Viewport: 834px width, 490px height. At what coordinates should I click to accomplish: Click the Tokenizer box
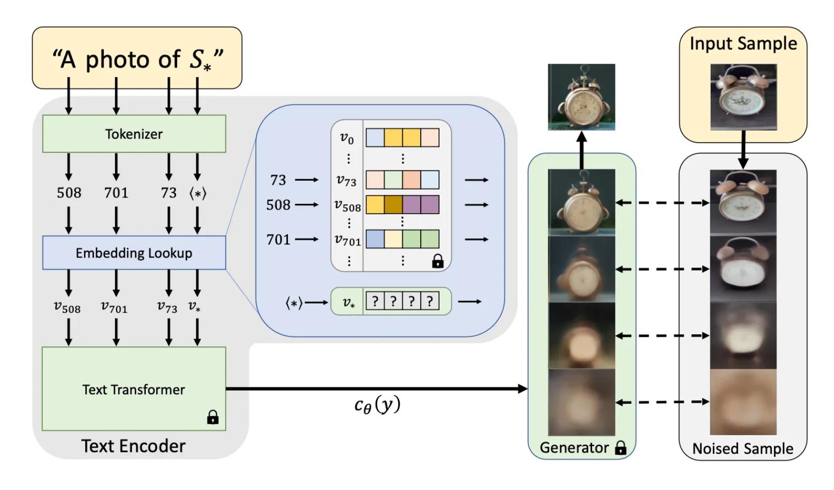click(134, 134)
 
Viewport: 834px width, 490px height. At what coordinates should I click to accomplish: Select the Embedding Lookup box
click(134, 253)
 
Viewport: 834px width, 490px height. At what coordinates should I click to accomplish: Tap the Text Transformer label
click(134, 390)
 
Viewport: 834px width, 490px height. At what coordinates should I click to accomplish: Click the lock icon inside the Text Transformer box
click(213, 417)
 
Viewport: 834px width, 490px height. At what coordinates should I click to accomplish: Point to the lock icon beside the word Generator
click(620, 448)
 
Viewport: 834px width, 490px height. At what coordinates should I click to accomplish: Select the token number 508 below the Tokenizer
click(69, 193)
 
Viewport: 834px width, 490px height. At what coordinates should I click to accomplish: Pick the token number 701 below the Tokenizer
click(116, 193)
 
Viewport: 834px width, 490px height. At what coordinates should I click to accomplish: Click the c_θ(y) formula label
click(377, 405)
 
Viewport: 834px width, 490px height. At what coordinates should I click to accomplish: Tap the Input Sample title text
click(743, 43)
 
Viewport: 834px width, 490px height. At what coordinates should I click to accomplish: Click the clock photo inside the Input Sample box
click(743, 97)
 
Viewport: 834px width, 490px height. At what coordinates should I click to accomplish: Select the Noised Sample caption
click(743, 449)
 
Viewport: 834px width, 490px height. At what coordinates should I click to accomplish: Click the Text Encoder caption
click(133, 446)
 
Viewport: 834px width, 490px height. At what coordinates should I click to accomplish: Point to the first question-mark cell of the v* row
click(375, 301)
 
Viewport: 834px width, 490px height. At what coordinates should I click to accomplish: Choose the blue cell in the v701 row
click(375, 239)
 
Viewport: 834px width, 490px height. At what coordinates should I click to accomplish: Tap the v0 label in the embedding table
click(347, 138)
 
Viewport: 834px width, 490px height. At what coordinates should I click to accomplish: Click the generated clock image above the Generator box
click(581, 97)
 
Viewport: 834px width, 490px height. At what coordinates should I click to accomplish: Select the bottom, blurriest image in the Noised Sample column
click(743, 402)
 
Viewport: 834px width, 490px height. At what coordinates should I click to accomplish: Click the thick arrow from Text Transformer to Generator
click(376, 389)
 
